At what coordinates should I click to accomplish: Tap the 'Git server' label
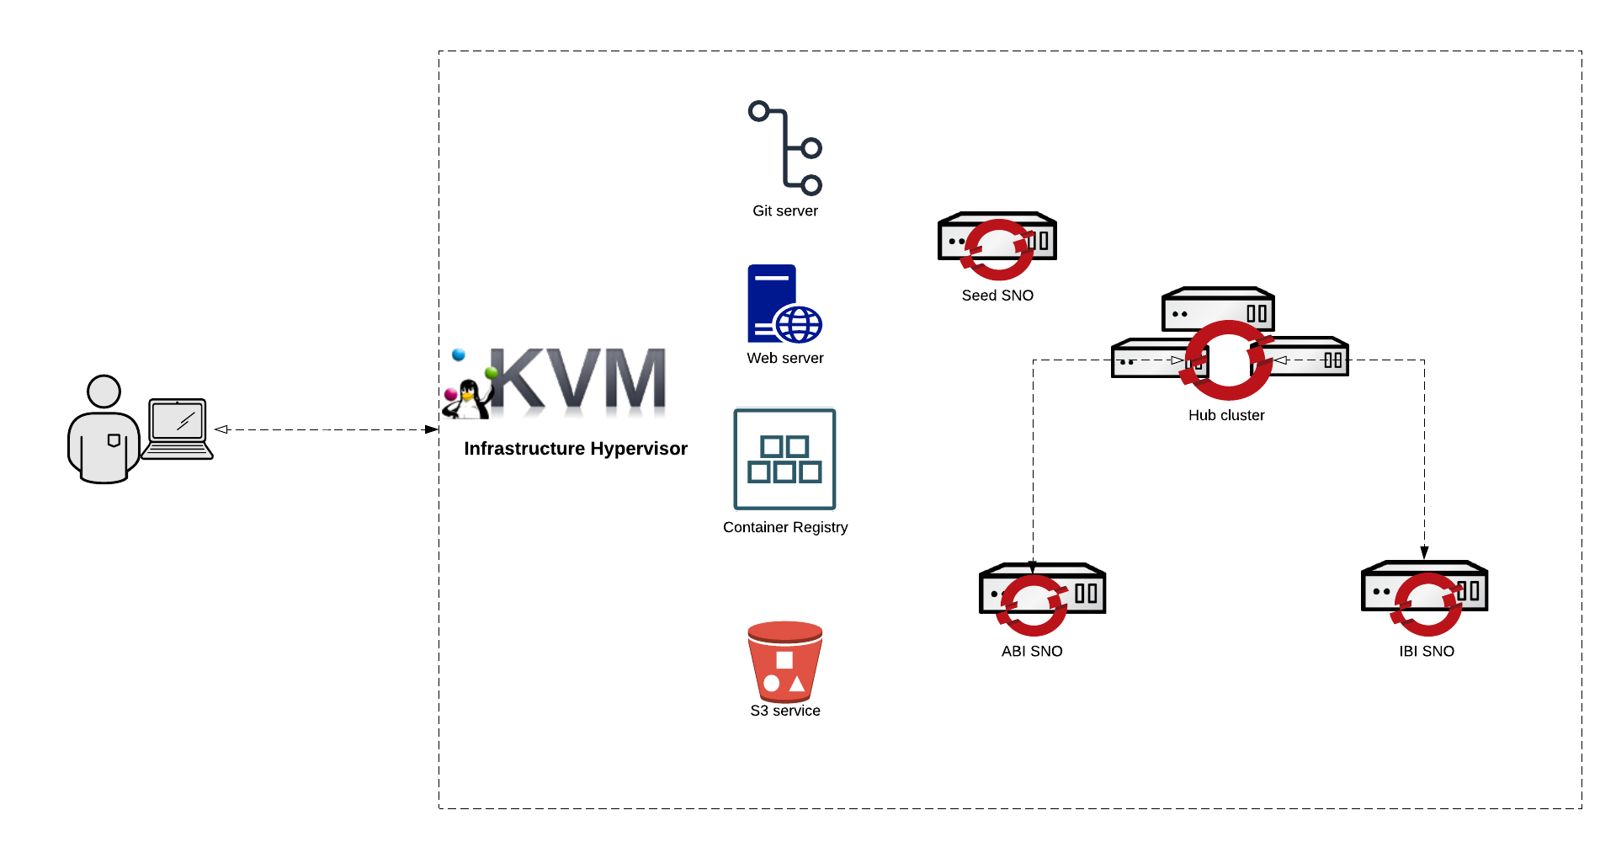coord(785,211)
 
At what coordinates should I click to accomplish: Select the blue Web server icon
coord(784,304)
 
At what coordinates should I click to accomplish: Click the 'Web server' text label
coord(785,359)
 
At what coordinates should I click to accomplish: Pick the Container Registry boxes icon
coord(784,459)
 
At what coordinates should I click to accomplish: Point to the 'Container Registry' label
coord(785,528)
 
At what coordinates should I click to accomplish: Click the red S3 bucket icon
coord(784,662)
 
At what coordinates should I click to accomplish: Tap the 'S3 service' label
coord(785,711)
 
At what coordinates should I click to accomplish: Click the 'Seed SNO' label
coord(997,296)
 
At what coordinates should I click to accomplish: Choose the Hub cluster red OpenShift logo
coord(1228,360)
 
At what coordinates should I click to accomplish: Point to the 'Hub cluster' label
coord(1226,416)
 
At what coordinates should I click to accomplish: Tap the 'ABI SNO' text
coord(1032,652)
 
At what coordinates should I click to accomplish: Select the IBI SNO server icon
coord(1424,594)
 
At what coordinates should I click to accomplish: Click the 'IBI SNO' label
coord(1427,652)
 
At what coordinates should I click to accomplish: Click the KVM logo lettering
coord(577,381)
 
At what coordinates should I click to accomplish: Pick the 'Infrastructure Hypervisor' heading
coord(576,449)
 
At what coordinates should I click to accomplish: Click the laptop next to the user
coord(178,429)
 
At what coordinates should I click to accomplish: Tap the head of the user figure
coord(104,392)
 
